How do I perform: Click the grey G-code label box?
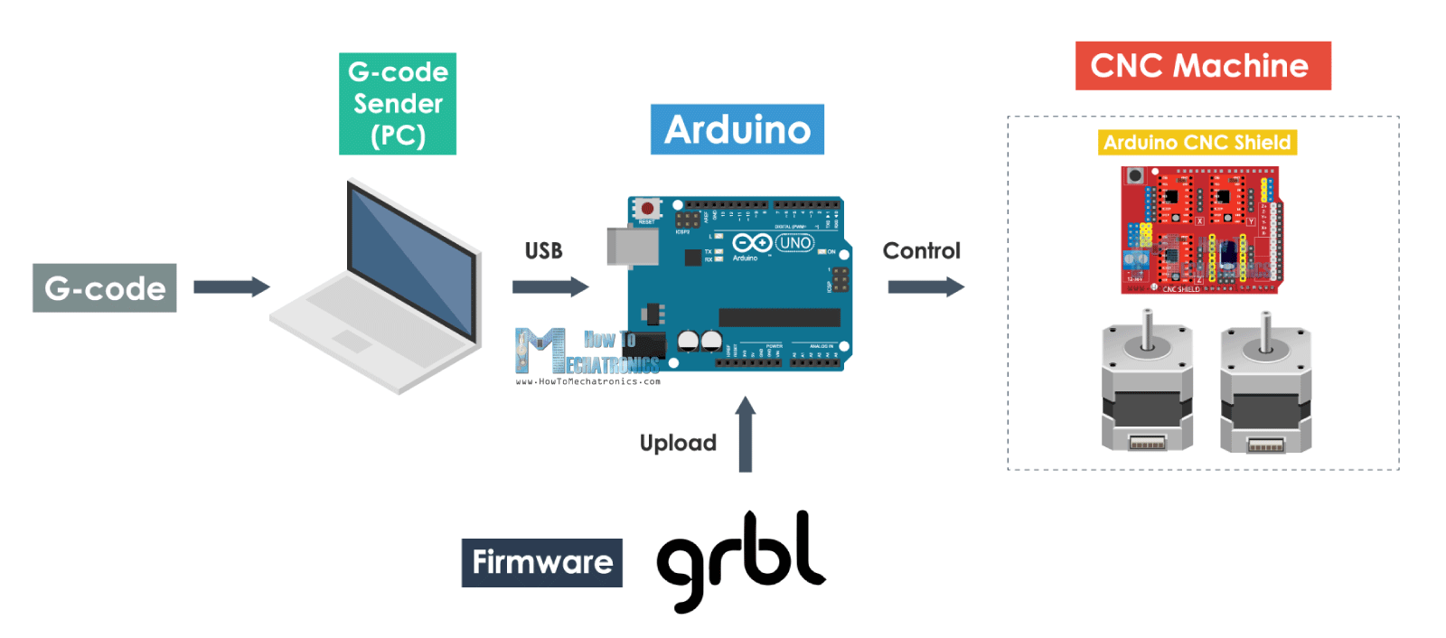[104, 288]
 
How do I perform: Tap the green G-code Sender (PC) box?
[398, 104]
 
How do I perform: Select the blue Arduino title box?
[737, 129]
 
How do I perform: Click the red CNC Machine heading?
[1202, 66]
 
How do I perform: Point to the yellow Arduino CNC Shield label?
[1197, 143]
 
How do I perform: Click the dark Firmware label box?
[541, 562]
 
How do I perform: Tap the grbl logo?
[741, 558]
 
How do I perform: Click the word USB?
[543, 251]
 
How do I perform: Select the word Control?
[921, 251]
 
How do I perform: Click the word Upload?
[678, 443]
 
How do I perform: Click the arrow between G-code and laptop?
[231, 287]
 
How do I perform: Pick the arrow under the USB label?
[550, 287]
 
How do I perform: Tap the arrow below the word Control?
[925, 287]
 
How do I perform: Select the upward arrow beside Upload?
[745, 435]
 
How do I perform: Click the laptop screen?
[411, 262]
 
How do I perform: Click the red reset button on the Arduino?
[647, 209]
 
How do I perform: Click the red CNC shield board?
[1200, 230]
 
